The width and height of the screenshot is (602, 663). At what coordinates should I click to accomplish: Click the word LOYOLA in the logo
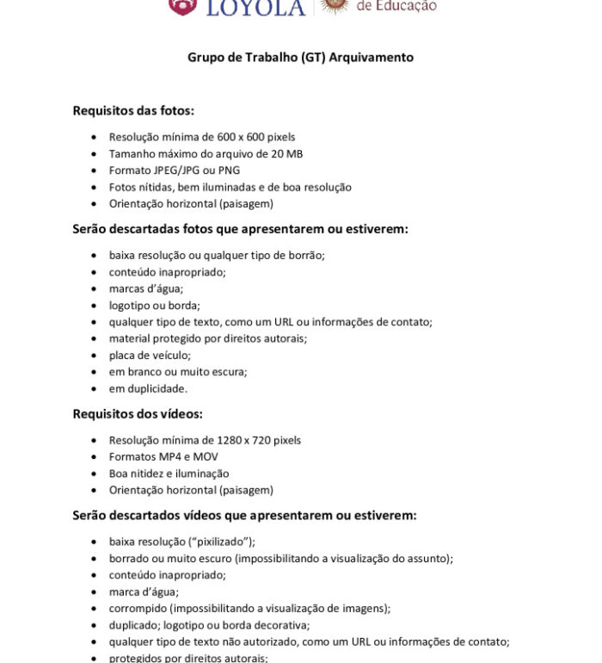click(x=256, y=8)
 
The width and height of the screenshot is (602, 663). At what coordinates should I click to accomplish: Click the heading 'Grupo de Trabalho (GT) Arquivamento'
click(x=300, y=58)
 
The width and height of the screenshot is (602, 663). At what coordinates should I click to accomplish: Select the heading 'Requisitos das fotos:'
click(x=133, y=110)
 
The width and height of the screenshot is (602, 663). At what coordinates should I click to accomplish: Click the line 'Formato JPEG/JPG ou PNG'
click(x=175, y=170)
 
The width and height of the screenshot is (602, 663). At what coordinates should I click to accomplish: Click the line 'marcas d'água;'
click(x=145, y=288)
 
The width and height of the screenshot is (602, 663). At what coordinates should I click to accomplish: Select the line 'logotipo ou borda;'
click(x=154, y=305)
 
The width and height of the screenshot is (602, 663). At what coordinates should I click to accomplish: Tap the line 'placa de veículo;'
click(x=150, y=355)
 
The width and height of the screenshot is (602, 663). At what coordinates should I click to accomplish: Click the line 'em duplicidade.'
click(x=148, y=388)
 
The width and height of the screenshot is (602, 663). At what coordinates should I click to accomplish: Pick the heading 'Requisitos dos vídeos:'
click(x=138, y=414)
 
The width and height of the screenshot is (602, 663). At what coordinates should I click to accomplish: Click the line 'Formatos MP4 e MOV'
click(x=163, y=456)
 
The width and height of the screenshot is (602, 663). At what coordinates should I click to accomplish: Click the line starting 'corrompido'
click(x=249, y=608)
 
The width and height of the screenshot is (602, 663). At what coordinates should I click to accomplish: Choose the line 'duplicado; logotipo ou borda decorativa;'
click(x=209, y=625)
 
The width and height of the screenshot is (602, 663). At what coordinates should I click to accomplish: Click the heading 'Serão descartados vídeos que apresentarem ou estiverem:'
click(x=244, y=516)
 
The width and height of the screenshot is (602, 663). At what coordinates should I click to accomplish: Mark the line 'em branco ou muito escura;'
click(x=178, y=372)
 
